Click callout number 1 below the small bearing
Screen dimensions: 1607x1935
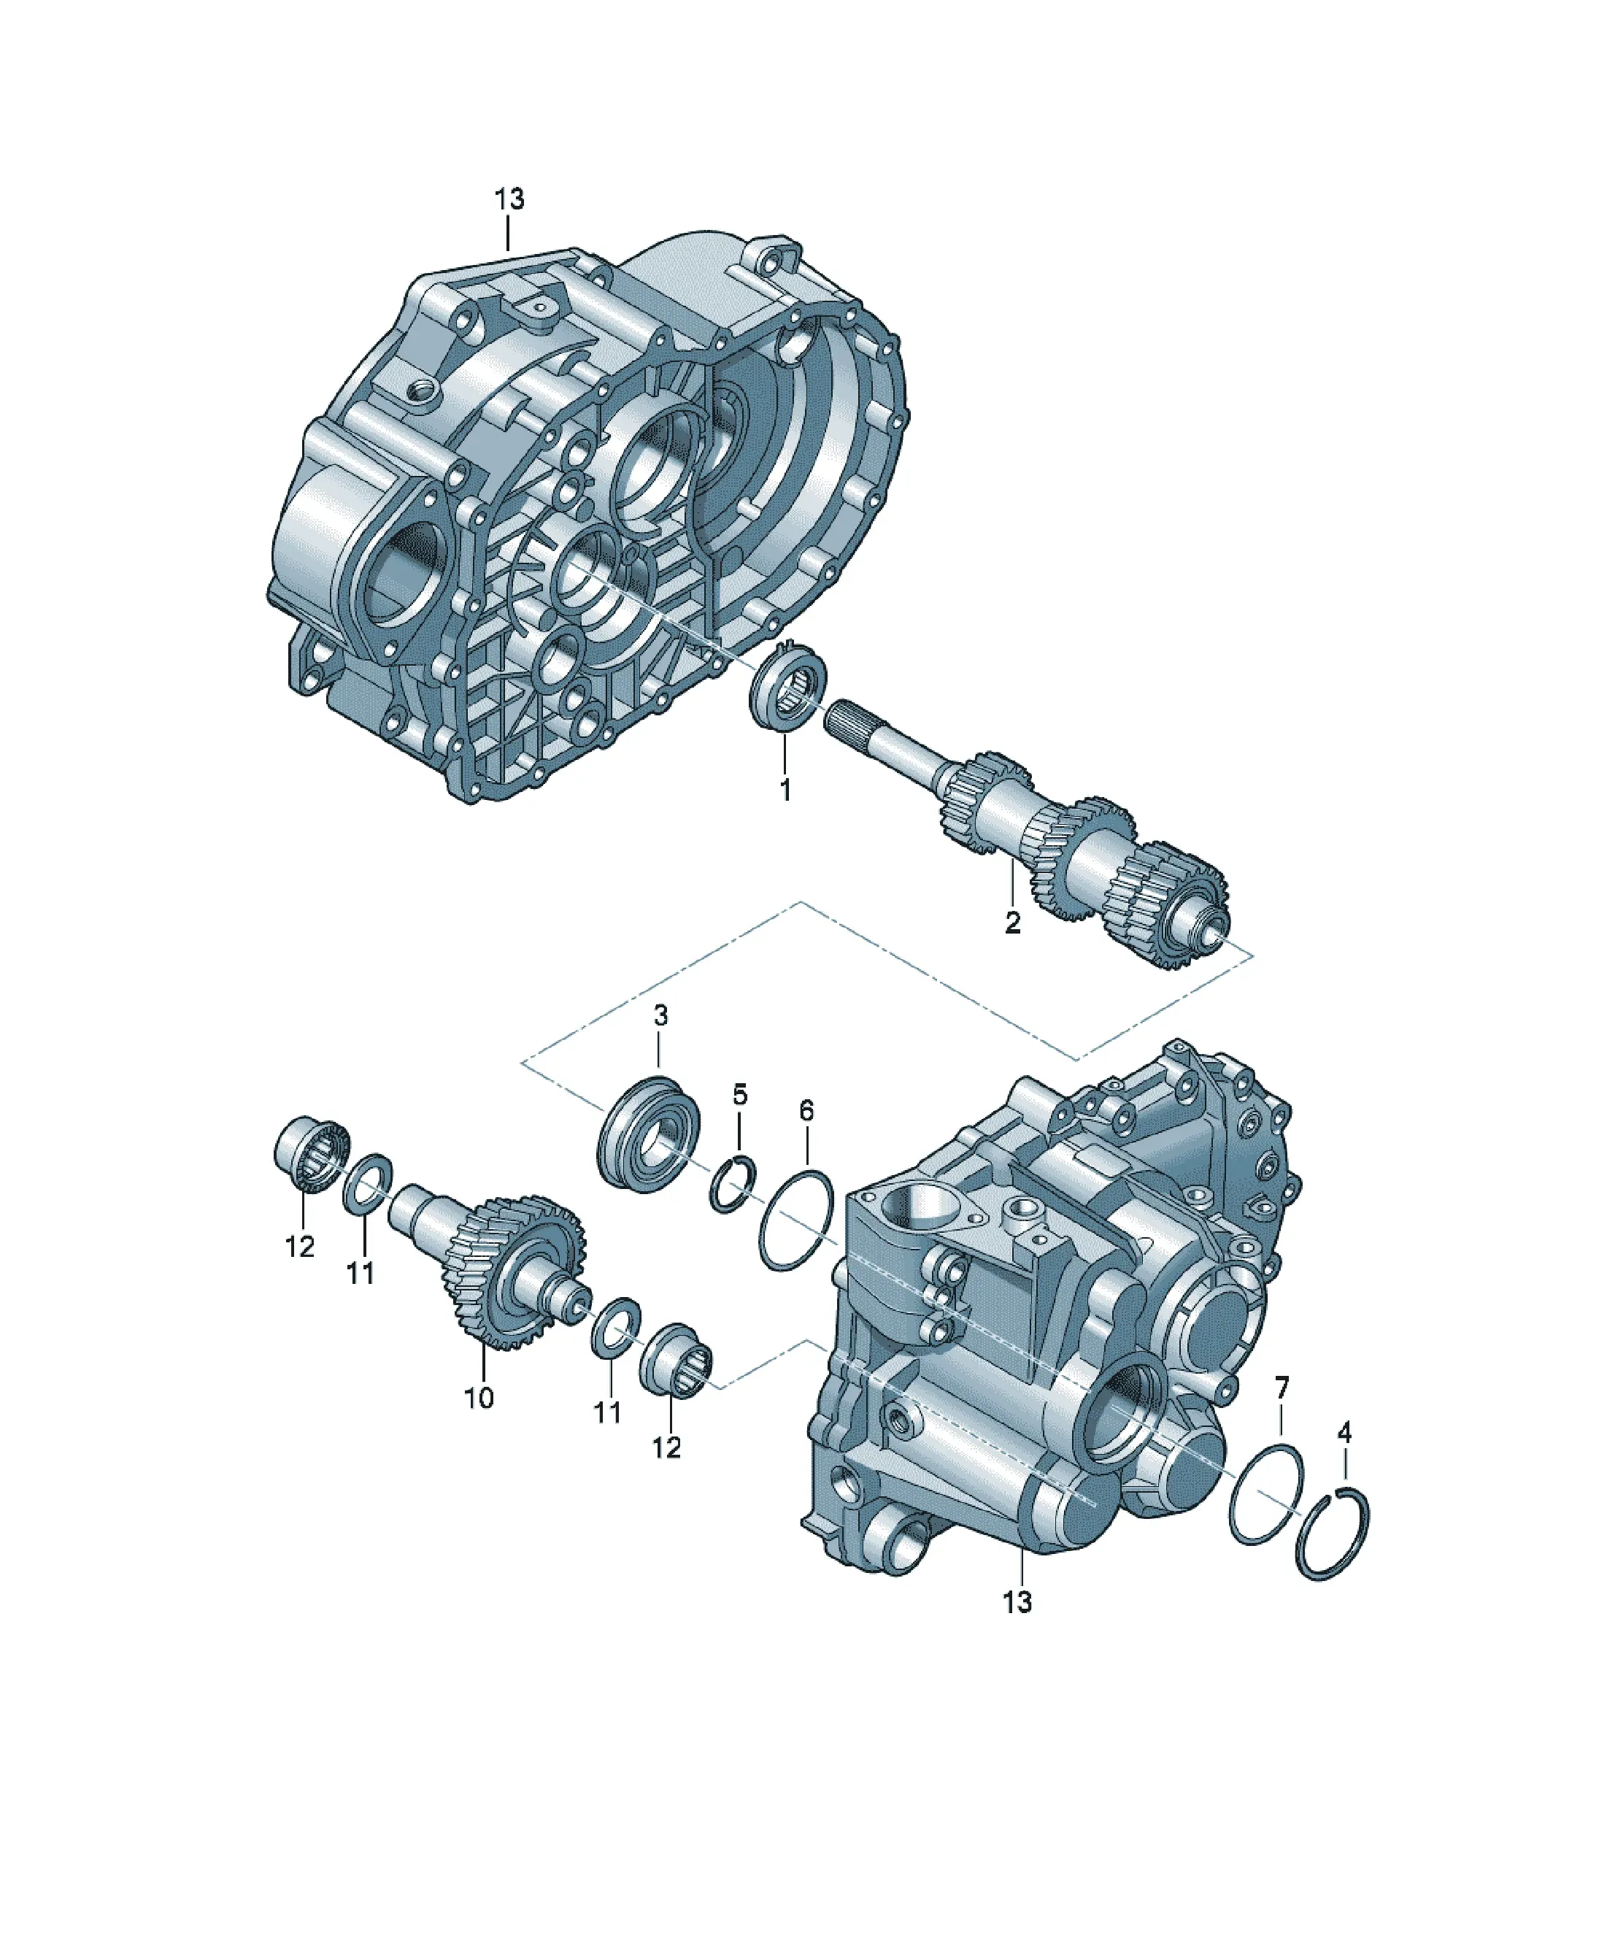(785, 789)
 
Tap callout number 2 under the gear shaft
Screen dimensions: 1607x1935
(1013, 923)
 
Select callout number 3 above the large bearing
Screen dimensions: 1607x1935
(660, 1015)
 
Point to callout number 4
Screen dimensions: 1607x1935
(1344, 1432)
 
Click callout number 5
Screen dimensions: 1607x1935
(740, 1095)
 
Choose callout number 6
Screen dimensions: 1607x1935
(807, 1110)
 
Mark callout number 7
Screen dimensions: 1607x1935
(1282, 1387)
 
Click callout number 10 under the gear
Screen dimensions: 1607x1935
(479, 1398)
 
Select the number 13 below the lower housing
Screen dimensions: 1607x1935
(1017, 1602)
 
